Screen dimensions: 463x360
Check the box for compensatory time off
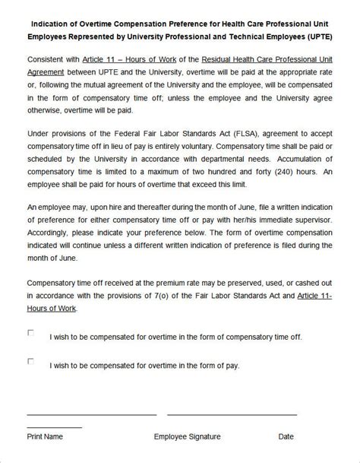coord(31,332)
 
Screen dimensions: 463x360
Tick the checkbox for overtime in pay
coord(31,361)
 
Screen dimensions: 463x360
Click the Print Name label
coord(45,436)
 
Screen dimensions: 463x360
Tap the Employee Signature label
coord(187,436)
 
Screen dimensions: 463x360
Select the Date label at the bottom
coord(286,436)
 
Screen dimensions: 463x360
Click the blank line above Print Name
coord(91,414)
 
